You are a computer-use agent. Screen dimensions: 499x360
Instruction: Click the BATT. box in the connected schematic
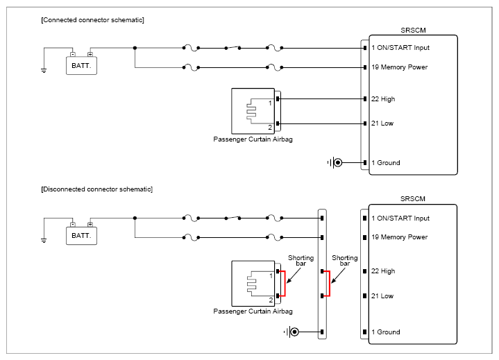(x=81, y=65)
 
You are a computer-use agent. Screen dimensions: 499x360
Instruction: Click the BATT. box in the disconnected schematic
(x=81, y=236)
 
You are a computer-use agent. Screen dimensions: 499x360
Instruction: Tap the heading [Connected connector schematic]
(x=92, y=20)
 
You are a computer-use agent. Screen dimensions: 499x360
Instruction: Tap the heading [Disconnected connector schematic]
(x=96, y=189)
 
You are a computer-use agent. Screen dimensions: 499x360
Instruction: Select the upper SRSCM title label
(x=413, y=31)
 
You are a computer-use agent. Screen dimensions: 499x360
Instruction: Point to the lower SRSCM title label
(x=413, y=199)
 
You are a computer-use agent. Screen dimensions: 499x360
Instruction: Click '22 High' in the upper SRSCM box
(x=383, y=99)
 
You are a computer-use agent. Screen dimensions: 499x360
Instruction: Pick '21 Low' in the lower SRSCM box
(x=382, y=296)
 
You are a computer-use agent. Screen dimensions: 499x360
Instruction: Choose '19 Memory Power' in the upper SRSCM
(x=399, y=67)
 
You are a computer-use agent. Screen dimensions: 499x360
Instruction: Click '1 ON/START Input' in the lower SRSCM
(x=400, y=218)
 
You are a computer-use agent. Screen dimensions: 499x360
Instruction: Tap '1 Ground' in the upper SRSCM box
(x=386, y=163)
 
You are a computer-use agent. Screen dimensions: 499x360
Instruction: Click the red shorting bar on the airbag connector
(x=285, y=284)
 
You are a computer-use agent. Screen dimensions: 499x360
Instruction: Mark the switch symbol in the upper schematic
(x=232, y=48)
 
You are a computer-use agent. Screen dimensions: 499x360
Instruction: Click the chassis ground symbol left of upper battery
(x=44, y=70)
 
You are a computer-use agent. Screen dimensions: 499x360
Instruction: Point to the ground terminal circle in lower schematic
(x=295, y=332)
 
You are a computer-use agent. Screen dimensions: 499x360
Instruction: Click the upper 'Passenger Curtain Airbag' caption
(x=253, y=139)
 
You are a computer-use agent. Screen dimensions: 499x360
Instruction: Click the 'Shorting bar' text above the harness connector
(x=345, y=260)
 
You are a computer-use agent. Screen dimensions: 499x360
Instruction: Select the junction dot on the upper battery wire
(x=135, y=48)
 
